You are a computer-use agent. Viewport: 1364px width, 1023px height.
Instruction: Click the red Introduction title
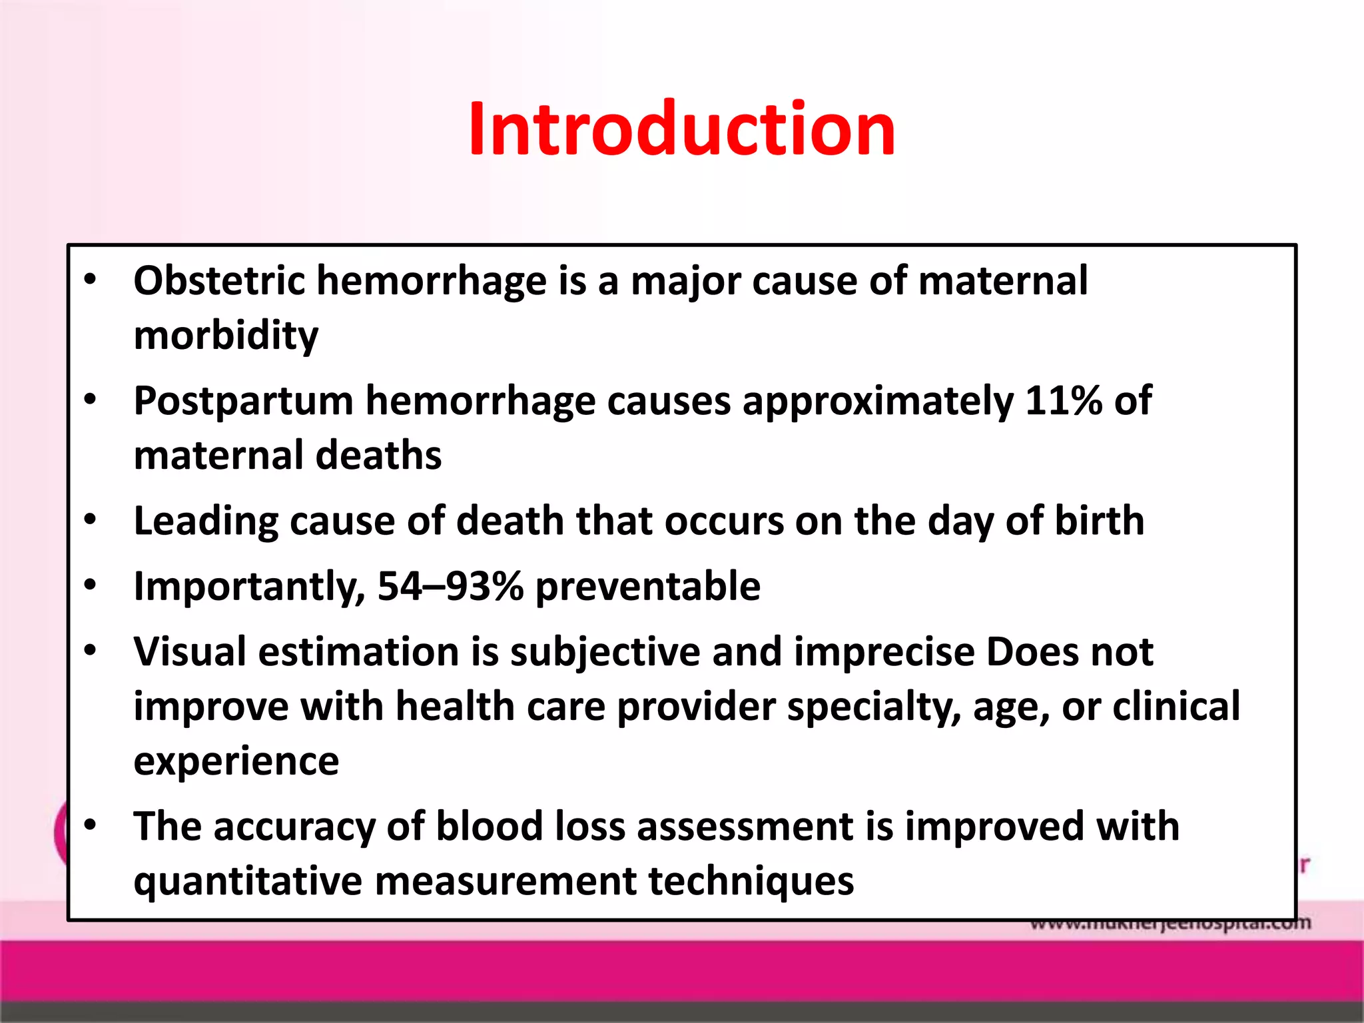[681, 129]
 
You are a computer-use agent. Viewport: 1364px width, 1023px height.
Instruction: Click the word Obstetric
[219, 280]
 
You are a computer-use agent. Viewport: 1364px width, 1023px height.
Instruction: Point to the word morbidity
[226, 335]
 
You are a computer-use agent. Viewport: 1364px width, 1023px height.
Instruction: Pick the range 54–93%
[450, 586]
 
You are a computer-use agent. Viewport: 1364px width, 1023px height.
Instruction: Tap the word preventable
[647, 586]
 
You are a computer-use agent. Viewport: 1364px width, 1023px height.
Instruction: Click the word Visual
[190, 651]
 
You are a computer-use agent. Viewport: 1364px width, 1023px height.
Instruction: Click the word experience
[236, 761]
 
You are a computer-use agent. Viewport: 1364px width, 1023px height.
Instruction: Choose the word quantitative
[248, 882]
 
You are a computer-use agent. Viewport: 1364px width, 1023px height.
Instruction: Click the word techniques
[751, 880]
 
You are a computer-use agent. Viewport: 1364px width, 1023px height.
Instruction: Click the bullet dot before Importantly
[91, 585]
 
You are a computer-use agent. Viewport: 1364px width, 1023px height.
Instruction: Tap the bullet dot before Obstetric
[91, 280]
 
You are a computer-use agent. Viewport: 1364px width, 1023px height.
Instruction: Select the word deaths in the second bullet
[378, 456]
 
